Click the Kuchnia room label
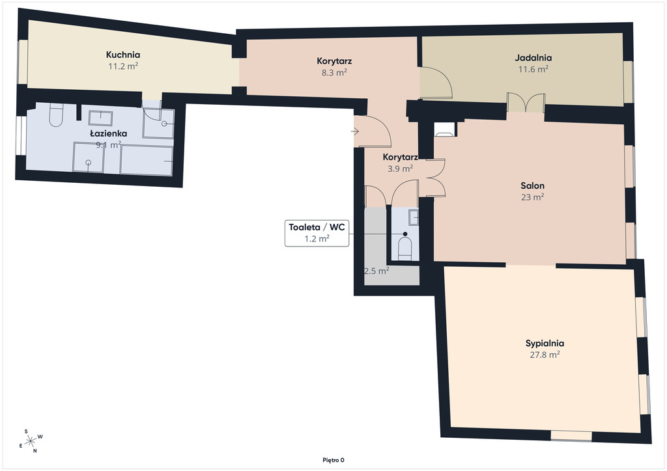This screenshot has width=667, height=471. click(x=123, y=55)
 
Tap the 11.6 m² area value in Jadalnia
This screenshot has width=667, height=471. click(x=533, y=69)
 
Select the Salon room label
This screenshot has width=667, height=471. click(x=533, y=185)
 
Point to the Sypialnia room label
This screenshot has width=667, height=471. click(x=545, y=343)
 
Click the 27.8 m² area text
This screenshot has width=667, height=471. click(x=545, y=355)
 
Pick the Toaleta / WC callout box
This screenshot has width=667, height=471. click(x=317, y=233)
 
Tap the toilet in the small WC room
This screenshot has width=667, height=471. click(x=404, y=249)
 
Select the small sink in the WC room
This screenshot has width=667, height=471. click(x=414, y=217)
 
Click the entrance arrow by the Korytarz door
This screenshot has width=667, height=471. click(x=355, y=131)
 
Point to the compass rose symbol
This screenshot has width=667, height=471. click(x=31, y=441)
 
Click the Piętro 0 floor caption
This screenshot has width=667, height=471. click(x=333, y=460)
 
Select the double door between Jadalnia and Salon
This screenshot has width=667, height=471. click(x=526, y=103)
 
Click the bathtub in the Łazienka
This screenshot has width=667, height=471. click(x=147, y=160)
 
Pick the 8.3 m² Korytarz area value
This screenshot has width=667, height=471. click(x=334, y=73)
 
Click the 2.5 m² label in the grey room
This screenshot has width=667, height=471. click(x=376, y=271)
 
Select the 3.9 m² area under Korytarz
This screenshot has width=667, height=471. click(x=401, y=168)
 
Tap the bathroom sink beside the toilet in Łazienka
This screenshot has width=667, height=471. click(x=100, y=118)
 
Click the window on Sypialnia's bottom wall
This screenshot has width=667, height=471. click(x=571, y=435)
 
